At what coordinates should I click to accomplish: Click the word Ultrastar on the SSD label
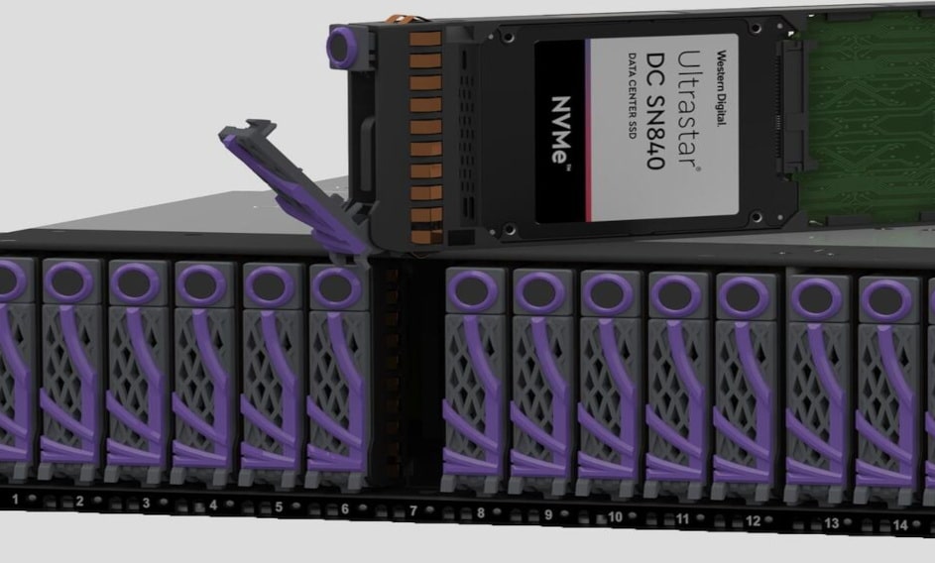tap(687, 110)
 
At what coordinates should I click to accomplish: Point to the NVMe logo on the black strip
tap(560, 130)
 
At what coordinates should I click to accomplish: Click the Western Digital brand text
tap(722, 87)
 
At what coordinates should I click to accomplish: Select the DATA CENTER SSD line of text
tap(632, 95)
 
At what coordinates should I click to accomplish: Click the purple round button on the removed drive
tap(340, 46)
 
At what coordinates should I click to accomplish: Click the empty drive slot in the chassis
tap(406, 376)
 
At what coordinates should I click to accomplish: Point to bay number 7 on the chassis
tap(413, 510)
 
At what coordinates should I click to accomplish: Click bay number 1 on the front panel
tap(16, 499)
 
